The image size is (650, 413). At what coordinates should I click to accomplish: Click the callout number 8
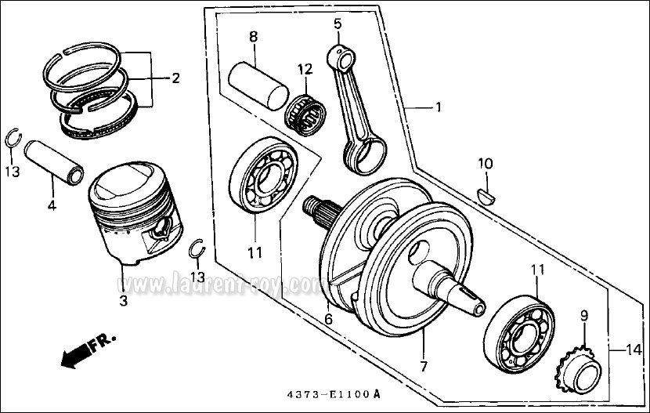click(x=253, y=37)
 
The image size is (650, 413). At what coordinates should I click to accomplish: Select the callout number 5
click(x=338, y=24)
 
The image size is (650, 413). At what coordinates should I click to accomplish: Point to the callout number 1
click(x=438, y=107)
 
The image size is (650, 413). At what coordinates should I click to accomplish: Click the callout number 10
click(x=486, y=164)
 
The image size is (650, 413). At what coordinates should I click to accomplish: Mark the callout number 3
click(x=123, y=300)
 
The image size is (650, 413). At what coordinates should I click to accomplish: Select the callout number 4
click(x=52, y=206)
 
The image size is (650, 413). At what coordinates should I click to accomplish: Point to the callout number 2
click(x=175, y=78)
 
